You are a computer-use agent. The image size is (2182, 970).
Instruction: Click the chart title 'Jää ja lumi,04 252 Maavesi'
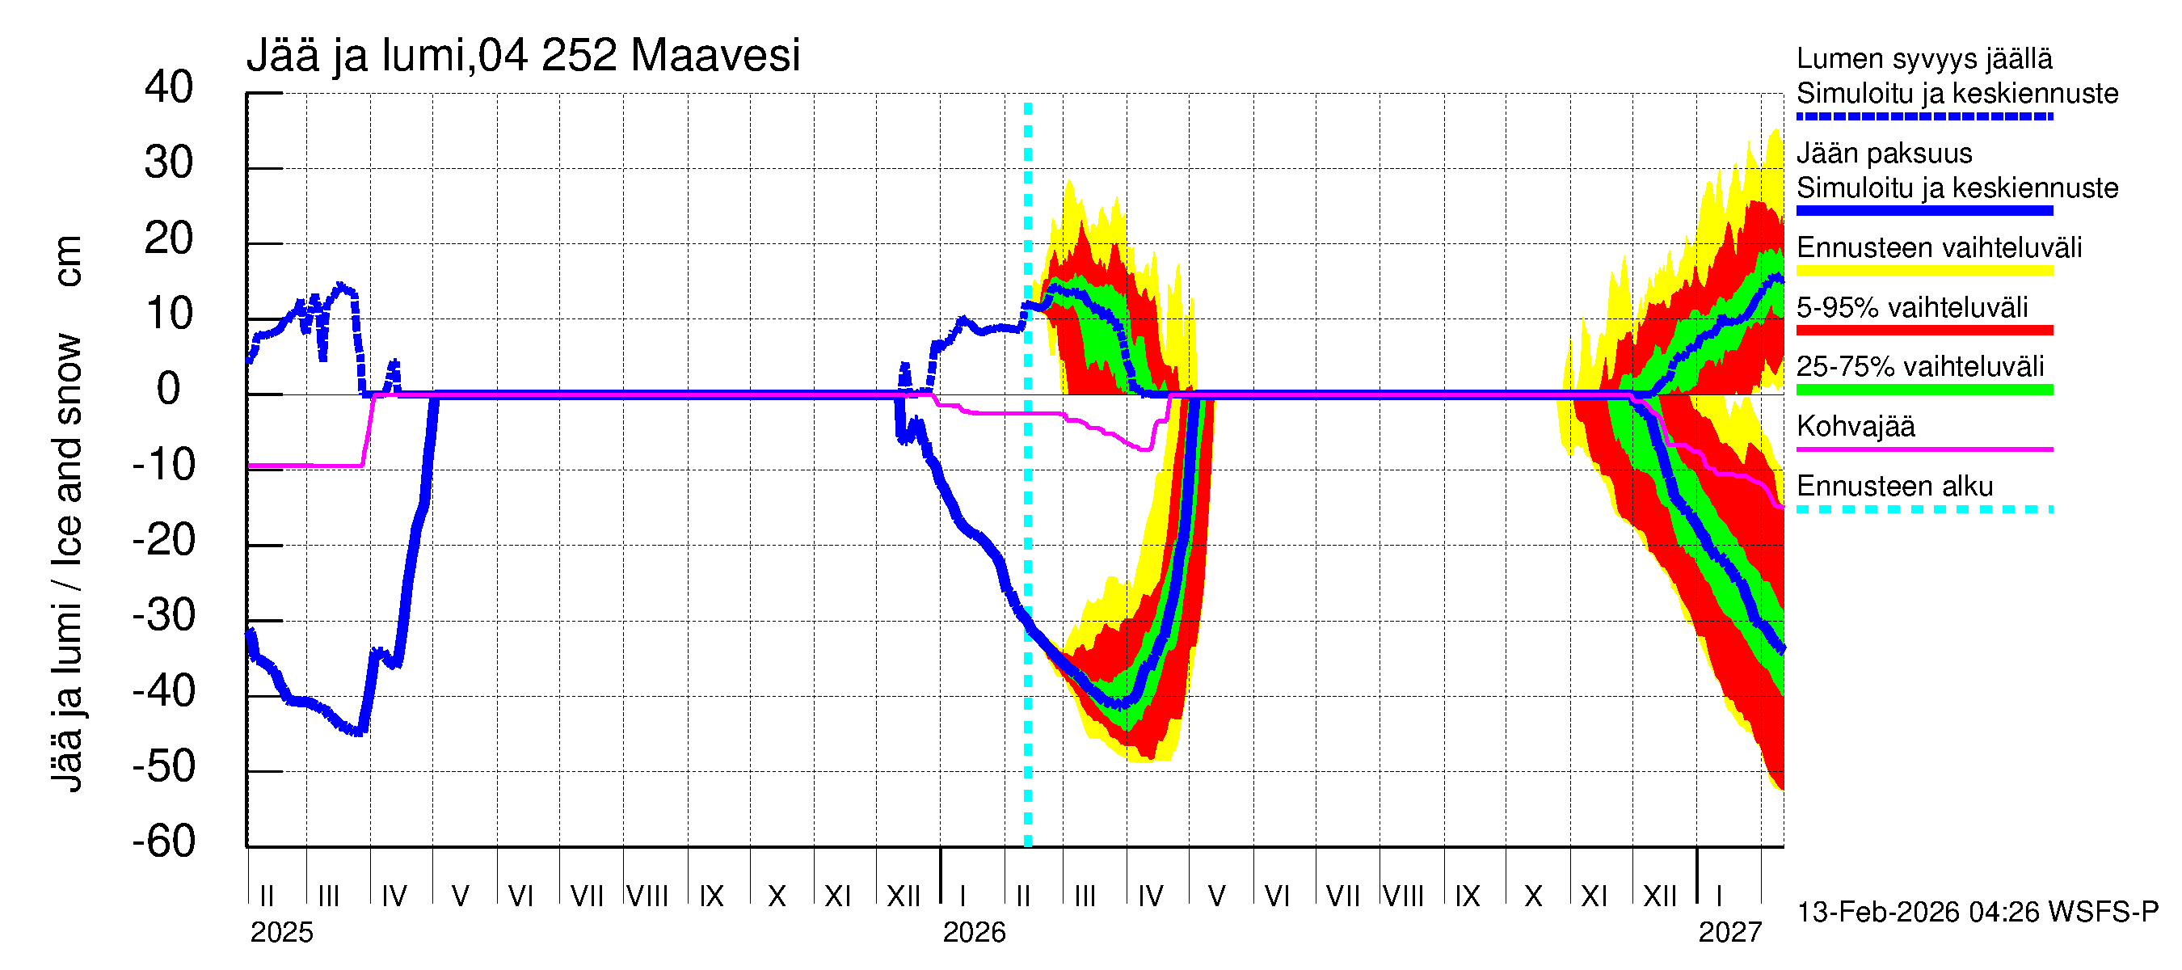(523, 56)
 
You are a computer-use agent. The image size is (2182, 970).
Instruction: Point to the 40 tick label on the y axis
(169, 87)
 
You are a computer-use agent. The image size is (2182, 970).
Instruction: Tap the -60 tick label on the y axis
(164, 841)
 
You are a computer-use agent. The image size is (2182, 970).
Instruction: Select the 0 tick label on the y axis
(169, 389)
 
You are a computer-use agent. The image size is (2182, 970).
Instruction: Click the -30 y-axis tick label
(164, 615)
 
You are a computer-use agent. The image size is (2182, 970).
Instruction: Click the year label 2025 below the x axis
(281, 933)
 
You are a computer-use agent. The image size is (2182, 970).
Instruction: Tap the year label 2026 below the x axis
(974, 933)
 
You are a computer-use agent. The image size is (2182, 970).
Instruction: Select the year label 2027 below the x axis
(1729, 933)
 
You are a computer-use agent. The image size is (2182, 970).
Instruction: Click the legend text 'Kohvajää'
(1855, 426)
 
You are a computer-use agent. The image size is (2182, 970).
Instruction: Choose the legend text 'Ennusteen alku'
(1895, 487)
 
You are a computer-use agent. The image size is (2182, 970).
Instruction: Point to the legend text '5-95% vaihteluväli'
(1912, 307)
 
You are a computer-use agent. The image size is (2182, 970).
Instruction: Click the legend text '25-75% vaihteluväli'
(1920, 367)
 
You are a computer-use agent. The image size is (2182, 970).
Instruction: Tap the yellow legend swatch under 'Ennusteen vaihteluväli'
(1923, 271)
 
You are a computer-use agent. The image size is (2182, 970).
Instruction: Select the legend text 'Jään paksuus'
(1884, 154)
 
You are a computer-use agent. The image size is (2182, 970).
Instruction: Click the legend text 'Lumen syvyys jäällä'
(1923, 58)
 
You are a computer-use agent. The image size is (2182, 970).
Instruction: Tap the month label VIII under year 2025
(647, 896)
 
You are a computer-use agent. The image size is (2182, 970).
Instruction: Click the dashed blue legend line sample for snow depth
(1923, 116)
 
